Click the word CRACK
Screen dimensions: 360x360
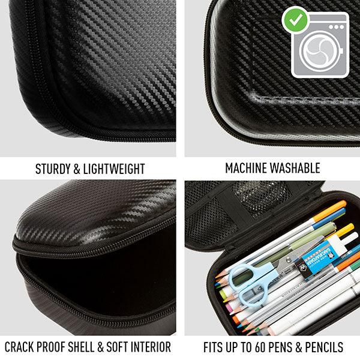point(19,347)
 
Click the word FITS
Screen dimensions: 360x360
point(212,347)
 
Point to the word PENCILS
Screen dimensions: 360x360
point(324,347)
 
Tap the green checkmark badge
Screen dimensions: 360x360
point(295,20)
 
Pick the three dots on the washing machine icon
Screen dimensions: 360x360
point(337,27)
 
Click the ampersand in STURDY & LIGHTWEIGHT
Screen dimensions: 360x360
point(77,169)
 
